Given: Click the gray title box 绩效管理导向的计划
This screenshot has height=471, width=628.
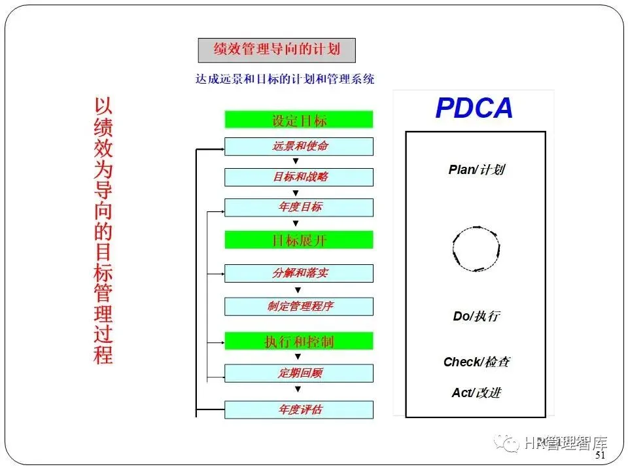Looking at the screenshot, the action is pos(277,50).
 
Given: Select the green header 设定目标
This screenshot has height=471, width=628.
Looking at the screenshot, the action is pos(299,120).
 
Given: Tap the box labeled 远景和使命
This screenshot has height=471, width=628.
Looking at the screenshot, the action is pos(299,146).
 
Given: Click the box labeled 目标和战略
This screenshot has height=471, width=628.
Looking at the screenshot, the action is pos(299,177).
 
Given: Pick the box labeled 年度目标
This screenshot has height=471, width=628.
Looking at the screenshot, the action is pos(299,207).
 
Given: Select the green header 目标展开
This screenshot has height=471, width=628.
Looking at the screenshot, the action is pos(299,239).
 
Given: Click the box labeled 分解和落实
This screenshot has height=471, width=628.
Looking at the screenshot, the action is pos(299,273).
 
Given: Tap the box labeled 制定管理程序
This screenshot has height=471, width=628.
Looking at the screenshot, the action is pos(299,306).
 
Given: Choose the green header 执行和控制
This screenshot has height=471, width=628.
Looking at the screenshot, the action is pos(299,341).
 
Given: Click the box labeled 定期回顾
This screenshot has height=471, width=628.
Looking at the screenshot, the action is pos(299,373).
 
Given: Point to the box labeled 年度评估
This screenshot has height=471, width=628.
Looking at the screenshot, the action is pos(299,410).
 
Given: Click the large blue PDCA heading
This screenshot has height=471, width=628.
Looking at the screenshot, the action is pos(474,109).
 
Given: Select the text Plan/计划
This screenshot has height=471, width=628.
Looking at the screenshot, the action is pos(477,170).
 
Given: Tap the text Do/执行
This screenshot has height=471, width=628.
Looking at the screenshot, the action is pos(476,317).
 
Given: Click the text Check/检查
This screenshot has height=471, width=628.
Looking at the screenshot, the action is pos(476,362).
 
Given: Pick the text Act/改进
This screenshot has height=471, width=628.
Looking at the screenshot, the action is pos(476,392).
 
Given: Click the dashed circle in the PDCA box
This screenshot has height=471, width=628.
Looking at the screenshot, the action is pos(476,249).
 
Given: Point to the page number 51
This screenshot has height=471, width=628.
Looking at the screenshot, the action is pos(601,455).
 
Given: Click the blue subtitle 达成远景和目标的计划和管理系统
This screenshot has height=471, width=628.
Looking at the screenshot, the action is pos(285,79).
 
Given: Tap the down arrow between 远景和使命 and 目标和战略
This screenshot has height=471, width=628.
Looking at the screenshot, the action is pos(296,161).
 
